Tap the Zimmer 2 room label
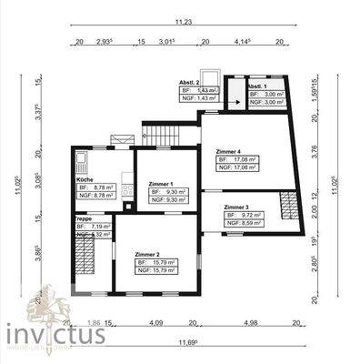147,254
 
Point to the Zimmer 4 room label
228,150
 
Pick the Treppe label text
83,217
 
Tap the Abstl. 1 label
257,86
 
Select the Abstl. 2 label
190,83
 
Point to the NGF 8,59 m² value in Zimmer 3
244,223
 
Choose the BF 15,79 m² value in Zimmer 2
155,262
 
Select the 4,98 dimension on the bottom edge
253,321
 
